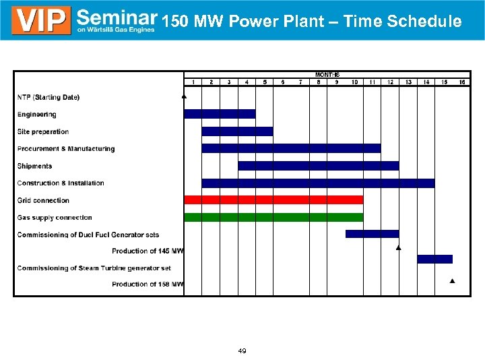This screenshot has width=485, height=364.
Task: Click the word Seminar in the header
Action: [x=117, y=17]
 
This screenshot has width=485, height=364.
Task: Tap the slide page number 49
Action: [x=242, y=351]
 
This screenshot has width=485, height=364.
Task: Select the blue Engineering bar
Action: [x=220, y=114]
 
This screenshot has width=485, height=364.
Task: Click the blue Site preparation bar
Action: [x=237, y=131]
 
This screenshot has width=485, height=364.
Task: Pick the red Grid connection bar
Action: [x=273, y=200]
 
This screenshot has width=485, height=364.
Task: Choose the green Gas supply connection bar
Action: [x=273, y=217]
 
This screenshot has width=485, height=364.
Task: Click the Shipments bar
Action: [x=318, y=166]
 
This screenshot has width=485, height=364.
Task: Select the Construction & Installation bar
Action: [x=318, y=183]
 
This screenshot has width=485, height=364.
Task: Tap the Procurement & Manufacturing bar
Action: [x=291, y=148]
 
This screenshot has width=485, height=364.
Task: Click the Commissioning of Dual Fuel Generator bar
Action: [x=372, y=234]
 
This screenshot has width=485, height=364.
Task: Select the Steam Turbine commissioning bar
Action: [x=434, y=259]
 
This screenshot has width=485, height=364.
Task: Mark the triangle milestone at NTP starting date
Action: [x=185, y=97]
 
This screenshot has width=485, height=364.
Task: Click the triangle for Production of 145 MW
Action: [x=399, y=248]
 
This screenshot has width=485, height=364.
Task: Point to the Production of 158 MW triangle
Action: [x=452, y=280]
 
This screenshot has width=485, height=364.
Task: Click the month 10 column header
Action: [x=354, y=82]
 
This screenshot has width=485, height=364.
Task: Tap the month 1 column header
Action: [x=193, y=82]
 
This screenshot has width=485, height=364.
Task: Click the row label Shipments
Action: [x=35, y=166]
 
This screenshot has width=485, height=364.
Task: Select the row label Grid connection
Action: [x=43, y=200]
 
